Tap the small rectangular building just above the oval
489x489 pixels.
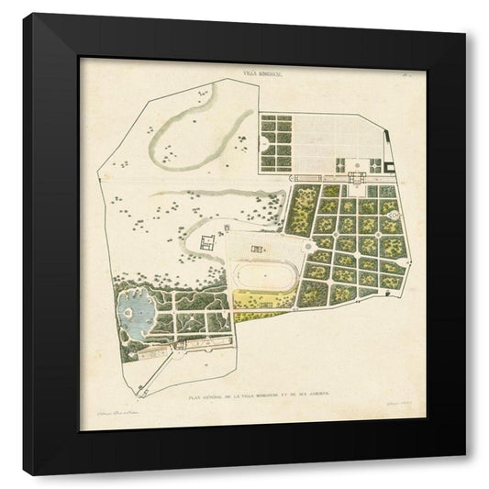click(260, 248)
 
